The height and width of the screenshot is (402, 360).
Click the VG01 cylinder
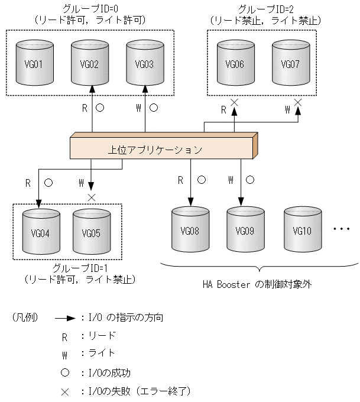pyautogui.click(x=37, y=63)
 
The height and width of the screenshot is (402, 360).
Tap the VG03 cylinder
pyautogui.click(x=145, y=63)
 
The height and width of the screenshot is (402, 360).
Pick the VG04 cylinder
pyautogui.click(x=41, y=231)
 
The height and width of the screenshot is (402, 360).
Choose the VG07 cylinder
pyautogui.click(x=290, y=63)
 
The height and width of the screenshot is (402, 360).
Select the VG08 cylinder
pyautogui.click(x=190, y=229)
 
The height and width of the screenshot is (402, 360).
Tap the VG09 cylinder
pyautogui.click(x=245, y=229)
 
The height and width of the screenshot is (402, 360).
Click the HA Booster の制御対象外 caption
pyautogui.click(x=256, y=284)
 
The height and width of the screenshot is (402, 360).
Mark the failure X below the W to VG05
pyautogui.click(x=91, y=196)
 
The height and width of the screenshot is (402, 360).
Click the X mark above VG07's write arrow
pyautogui.click(x=298, y=102)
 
